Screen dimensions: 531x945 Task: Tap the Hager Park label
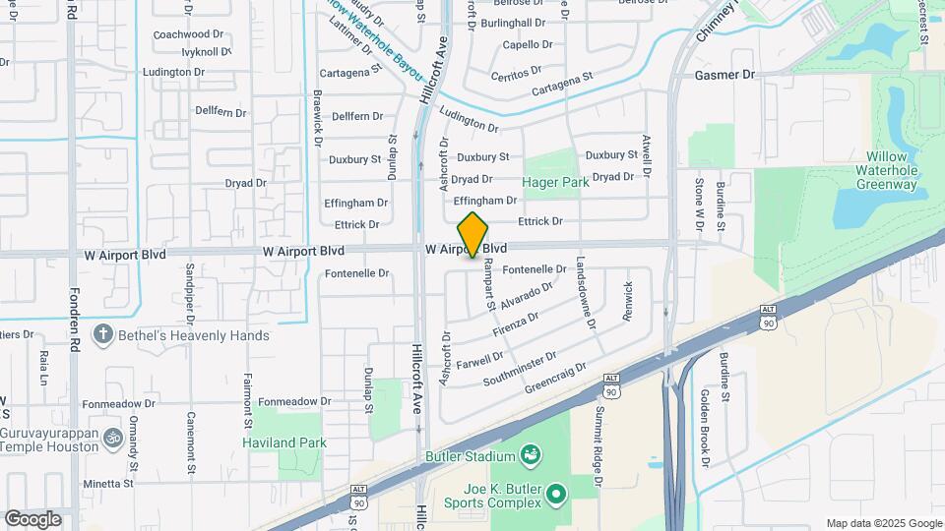(555, 182)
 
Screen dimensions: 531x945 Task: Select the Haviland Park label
(284, 442)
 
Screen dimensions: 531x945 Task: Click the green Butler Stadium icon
(532, 454)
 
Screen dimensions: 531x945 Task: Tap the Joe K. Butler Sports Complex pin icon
(557, 493)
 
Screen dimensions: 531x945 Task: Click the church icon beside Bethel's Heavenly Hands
(102, 334)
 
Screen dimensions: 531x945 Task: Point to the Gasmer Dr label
(724, 75)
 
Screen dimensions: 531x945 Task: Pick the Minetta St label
(107, 484)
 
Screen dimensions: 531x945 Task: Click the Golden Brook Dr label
(705, 427)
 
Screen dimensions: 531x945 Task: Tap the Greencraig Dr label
(555, 380)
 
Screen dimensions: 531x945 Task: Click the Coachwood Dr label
(182, 34)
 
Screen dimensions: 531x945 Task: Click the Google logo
(33, 518)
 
